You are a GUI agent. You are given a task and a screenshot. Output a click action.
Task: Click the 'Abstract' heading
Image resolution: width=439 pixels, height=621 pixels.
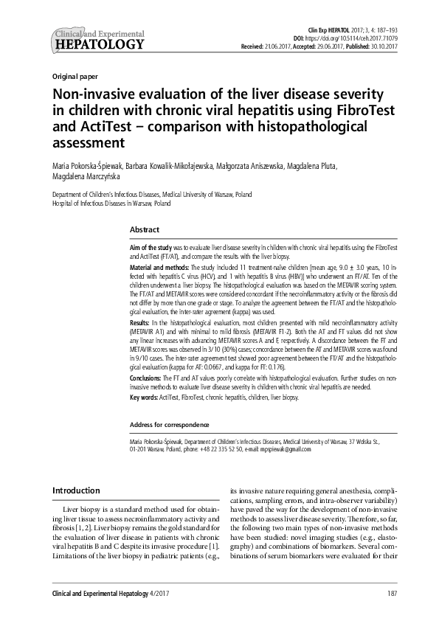pos(144,230)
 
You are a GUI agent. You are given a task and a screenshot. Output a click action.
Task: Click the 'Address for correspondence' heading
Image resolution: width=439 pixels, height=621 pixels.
pos(169,425)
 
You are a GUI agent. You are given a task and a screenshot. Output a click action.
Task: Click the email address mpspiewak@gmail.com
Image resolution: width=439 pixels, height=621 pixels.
pos(284,448)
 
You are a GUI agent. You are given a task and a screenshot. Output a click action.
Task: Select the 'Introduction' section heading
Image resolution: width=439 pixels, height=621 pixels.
pos(75,490)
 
